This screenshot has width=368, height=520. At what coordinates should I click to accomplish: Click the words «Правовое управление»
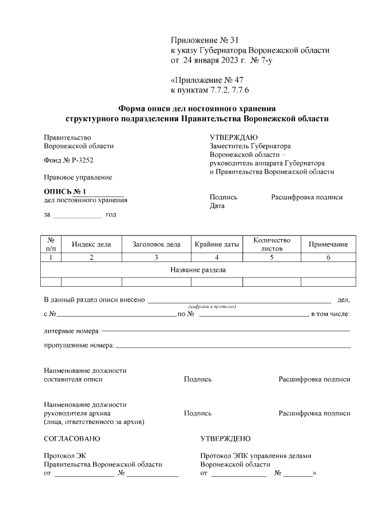(x=78, y=178)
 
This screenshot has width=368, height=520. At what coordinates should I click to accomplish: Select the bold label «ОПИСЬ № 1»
(x=64, y=191)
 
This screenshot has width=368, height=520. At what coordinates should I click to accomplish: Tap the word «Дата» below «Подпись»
(x=217, y=205)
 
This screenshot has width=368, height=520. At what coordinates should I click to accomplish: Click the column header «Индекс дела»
(x=91, y=244)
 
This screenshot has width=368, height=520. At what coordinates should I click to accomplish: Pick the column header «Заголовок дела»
(x=156, y=244)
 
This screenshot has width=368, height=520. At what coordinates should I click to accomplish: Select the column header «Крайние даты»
(x=217, y=244)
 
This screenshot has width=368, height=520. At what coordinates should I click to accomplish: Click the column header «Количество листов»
(x=271, y=244)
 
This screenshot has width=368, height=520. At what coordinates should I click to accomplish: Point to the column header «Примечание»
(x=328, y=244)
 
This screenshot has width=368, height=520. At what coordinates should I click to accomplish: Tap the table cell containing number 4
(x=217, y=257)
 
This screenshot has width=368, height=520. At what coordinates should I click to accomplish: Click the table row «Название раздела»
(x=198, y=269)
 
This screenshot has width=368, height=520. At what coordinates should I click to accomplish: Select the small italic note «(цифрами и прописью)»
(x=212, y=306)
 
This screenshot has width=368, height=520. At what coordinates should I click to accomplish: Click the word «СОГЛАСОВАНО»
(x=72, y=438)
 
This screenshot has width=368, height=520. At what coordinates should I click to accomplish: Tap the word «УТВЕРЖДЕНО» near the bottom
(x=225, y=438)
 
